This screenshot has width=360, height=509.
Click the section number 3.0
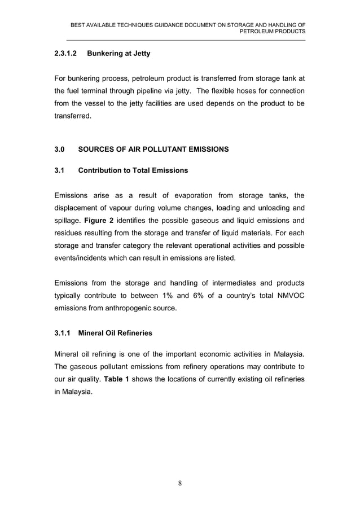click(59, 150)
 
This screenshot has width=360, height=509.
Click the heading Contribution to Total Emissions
click(133, 170)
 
